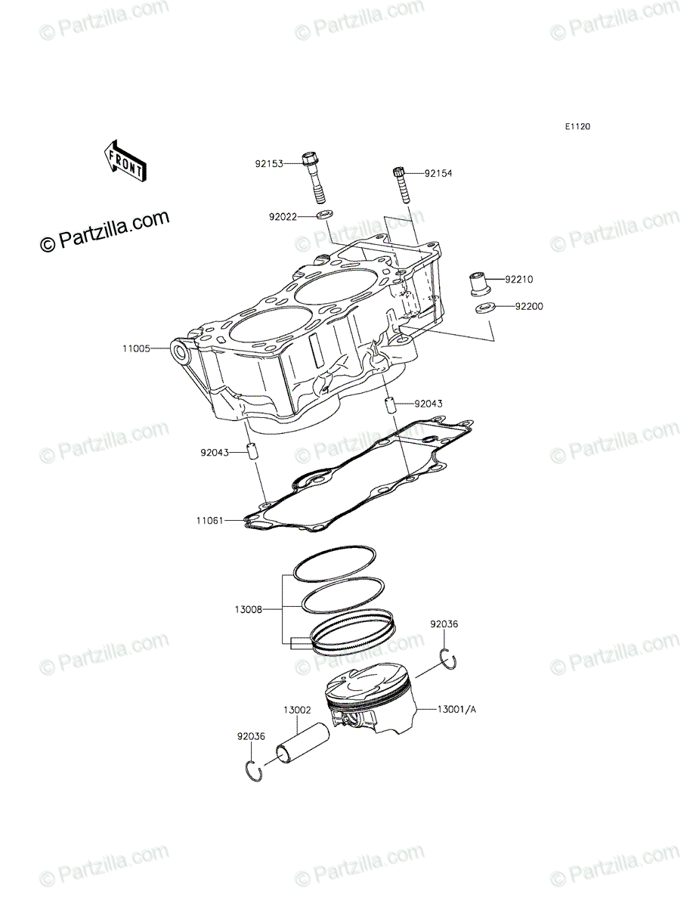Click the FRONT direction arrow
click(125, 161)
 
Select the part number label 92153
click(269, 164)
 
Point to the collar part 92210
click(481, 283)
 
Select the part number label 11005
click(136, 348)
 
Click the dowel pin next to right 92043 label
click(390, 404)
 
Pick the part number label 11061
click(210, 521)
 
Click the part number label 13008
click(249, 621)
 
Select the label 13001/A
click(456, 710)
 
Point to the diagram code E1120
click(578, 127)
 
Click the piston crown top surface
click(367, 679)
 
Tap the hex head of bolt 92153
click(309, 159)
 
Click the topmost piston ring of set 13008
click(334, 564)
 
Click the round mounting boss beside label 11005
click(181, 352)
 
